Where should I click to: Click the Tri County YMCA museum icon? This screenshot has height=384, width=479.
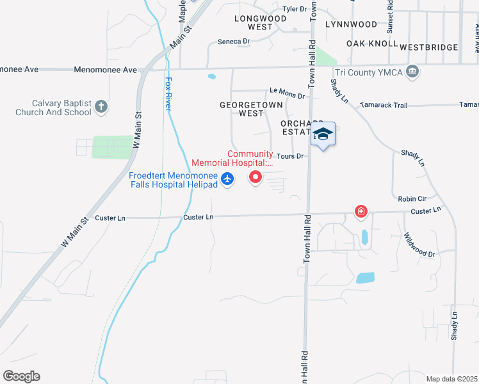tap(414, 72)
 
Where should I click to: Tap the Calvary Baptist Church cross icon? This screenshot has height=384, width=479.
tap(101, 107)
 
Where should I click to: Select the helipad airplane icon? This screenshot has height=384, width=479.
tap(227, 180)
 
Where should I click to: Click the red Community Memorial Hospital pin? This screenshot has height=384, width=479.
tap(256, 177)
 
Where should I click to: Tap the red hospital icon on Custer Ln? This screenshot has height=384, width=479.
tap(361, 211)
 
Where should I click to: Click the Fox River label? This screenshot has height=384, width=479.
tap(169, 93)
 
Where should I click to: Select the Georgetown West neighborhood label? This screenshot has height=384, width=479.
tap(241, 108)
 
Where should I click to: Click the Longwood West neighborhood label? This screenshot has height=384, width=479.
tap(260, 23)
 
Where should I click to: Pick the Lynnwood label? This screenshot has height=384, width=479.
tap(351, 24)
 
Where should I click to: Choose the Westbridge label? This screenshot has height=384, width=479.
tap(428, 47)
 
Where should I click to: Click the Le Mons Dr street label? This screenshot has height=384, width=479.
tap(287, 94)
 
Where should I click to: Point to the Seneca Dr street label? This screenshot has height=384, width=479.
tap(233, 41)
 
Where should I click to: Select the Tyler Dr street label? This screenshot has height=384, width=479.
tap(295, 9)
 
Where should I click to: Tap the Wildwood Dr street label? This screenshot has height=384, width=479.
tap(419, 244)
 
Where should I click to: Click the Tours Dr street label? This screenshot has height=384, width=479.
tap(289, 156)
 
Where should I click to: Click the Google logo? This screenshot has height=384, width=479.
tap(21, 376)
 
